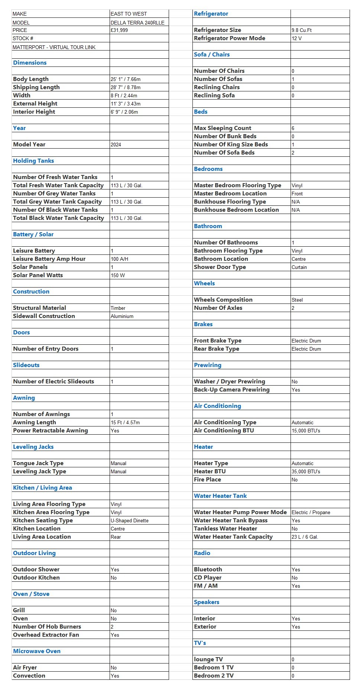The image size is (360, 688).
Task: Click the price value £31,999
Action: click(x=119, y=30)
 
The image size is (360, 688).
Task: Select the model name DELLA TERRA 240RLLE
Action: click(x=137, y=23)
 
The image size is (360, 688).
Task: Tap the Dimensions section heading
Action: click(x=30, y=62)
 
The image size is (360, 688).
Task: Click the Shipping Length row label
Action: click(x=36, y=87)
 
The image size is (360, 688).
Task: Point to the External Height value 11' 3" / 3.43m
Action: click(x=126, y=104)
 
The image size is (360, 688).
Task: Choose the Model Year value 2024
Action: click(x=116, y=145)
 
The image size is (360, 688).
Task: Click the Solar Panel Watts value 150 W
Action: click(x=118, y=275)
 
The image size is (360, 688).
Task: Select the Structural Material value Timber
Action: click(x=118, y=308)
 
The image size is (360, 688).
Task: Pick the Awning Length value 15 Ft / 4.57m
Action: click(x=125, y=422)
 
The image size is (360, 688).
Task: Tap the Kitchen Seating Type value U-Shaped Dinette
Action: click(x=130, y=520)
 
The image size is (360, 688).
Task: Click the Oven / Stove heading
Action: click(x=31, y=594)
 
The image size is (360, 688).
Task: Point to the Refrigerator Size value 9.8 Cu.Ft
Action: click(x=302, y=30)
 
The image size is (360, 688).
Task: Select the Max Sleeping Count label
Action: click(x=223, y=128)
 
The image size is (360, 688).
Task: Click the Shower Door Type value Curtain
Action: click(x=299, y=267)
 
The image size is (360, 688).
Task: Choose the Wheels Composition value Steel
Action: click(x=297, y=300)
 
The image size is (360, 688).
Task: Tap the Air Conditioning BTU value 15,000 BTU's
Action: click(x=306, y=431)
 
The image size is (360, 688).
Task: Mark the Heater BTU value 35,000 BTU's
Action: click(x=306, y=471)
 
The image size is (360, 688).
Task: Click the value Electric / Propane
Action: click(x=311, y=512)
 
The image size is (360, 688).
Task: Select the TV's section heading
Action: click(x=200, y=643)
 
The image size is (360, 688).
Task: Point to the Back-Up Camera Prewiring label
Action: click(x=232, y=389)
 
